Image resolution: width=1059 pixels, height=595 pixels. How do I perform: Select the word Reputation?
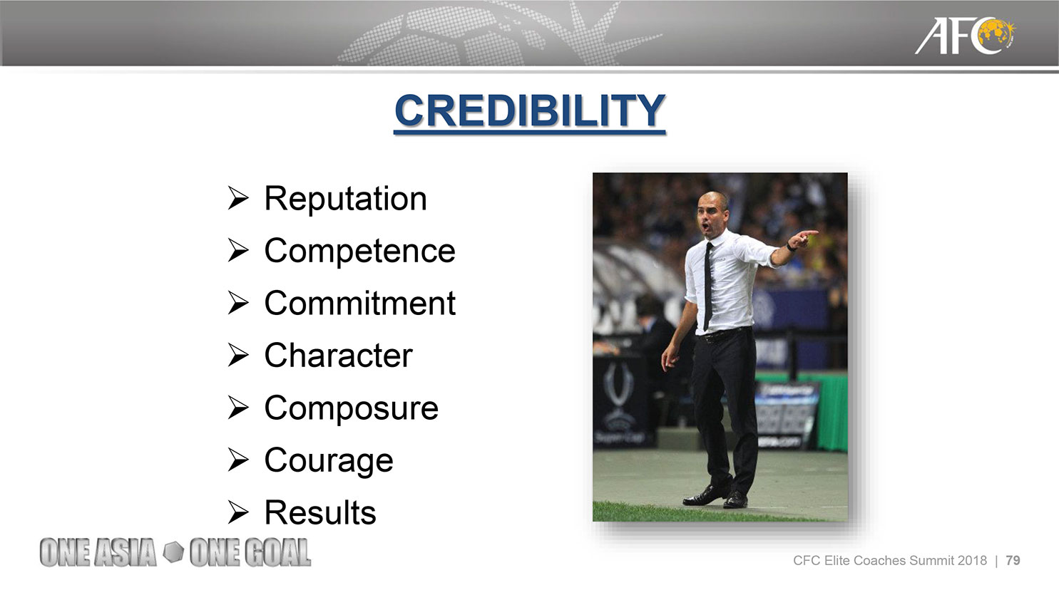tap(346, 199)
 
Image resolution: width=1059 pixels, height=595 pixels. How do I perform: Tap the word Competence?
tap(360, 251)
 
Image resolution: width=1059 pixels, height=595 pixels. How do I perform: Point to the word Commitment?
tap(360, 303)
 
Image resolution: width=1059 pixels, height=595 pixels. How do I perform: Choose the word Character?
tap(339, 356)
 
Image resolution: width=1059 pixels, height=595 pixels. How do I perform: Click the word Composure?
tap(352, 408)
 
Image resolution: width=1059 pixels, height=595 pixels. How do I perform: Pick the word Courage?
tap(329, 461)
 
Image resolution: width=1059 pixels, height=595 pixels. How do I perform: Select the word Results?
tap(320, 513)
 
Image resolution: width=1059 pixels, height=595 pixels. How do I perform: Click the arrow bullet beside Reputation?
tap(237, 198)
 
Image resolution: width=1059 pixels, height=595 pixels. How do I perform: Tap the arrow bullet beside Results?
tap(237, 512)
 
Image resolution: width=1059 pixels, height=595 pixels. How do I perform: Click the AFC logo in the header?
tap(965, 36)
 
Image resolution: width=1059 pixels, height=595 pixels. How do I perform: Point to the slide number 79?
tap(1013, 561)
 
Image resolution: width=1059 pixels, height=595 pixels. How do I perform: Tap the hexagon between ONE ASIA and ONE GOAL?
tap(173, 552)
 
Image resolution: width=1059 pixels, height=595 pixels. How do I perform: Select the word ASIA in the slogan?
tap(125, 552)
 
